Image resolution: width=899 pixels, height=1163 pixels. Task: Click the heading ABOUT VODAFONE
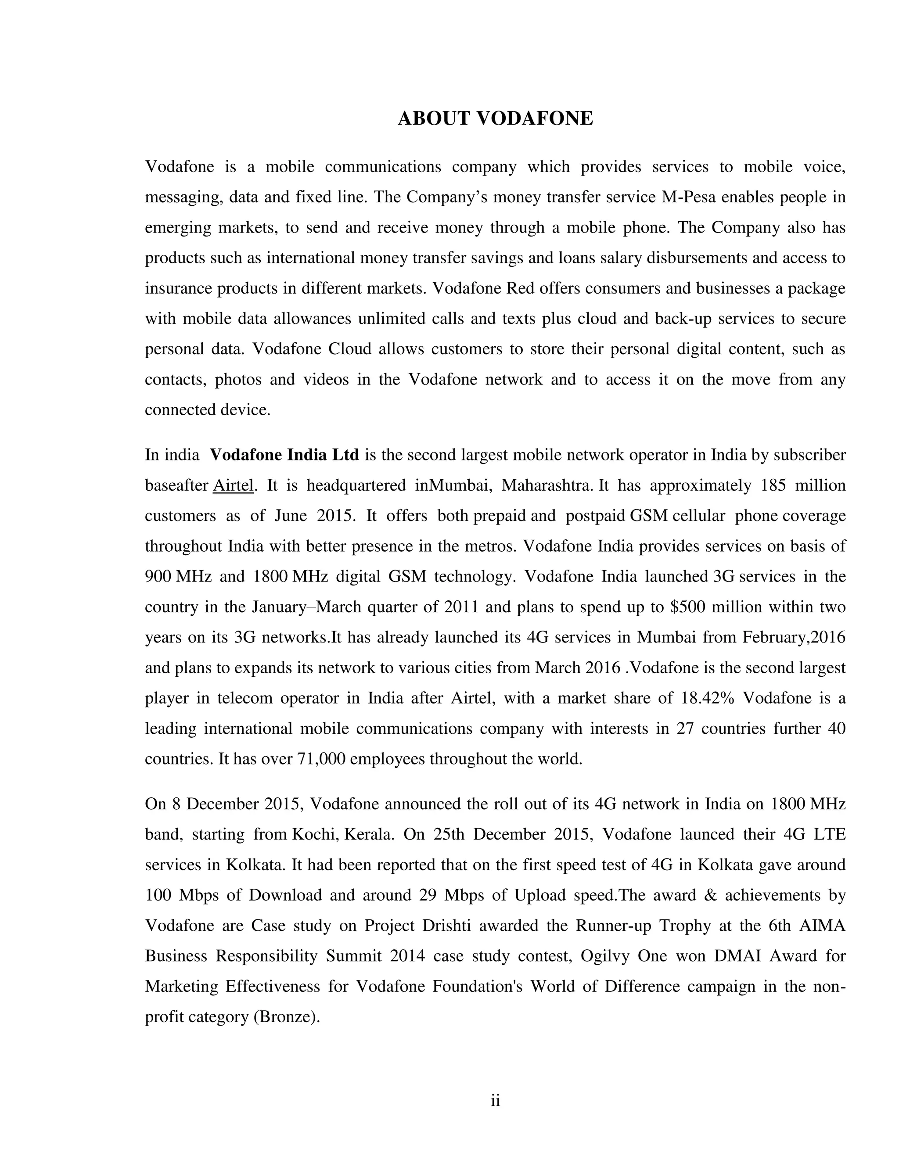coord(495,118)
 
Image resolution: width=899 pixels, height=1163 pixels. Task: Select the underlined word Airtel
coord(233,486)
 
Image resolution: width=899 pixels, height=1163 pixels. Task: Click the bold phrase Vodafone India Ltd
coord(284,455)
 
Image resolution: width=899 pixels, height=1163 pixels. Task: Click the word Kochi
coord(315,834)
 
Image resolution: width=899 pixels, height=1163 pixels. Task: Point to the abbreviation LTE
coord(830,834)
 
